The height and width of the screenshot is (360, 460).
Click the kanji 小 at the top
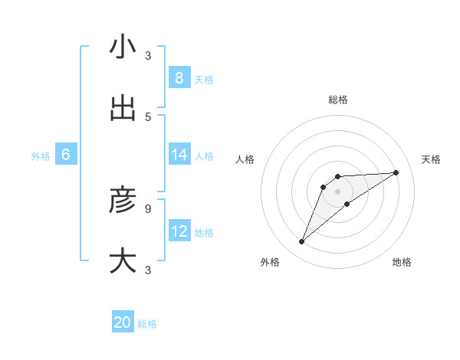click(123, 47)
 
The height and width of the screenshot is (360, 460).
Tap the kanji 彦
click(123, 200)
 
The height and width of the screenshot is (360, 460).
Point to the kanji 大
click(123, 260)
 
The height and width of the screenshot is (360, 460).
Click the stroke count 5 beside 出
click(148, 116)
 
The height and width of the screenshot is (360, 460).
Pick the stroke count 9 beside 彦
click(148, 208)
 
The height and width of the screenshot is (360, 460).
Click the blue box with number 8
click(179, 77)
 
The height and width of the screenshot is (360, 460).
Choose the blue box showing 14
click(179, 155)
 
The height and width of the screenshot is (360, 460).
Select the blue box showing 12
click(179, 231)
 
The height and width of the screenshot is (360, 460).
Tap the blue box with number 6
click(66, 155)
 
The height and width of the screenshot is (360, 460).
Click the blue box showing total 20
click(123, 322)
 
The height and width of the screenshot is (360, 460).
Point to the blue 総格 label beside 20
click(147, 324)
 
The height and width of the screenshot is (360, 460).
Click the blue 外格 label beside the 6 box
click(41, 156)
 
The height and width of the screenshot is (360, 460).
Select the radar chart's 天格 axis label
click(431, 159)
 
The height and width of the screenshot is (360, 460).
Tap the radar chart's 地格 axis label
click(402, 262)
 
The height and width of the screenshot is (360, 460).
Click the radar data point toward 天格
click(396, 172)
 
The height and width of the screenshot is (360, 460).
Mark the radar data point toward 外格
click(301, 242)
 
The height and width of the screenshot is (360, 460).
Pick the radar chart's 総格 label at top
click(338, 100)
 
